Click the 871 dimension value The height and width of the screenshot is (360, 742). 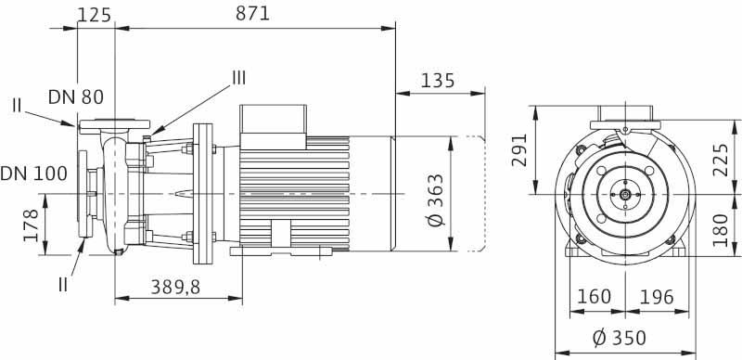point(252,13)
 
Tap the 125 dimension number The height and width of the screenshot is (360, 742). point(94,15)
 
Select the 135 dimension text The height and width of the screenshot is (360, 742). point(437,81)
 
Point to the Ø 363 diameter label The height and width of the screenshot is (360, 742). point(436,199)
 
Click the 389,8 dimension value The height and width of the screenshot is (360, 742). point(175,287)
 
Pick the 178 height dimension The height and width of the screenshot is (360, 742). point(31,225)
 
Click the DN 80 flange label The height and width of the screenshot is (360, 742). point(76,97)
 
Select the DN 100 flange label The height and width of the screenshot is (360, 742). point(33,174)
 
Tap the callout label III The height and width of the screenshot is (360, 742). point(238,78)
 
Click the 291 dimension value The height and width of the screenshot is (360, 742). point(519,149)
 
